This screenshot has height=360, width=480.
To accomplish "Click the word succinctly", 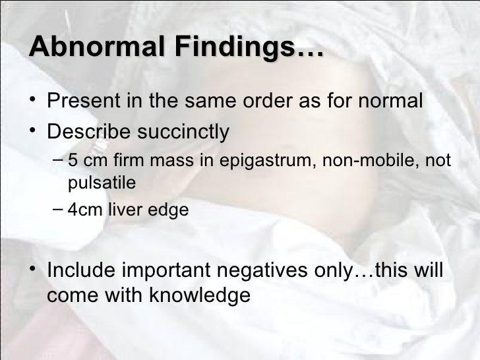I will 185,131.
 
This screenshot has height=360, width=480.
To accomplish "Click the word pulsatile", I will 102,183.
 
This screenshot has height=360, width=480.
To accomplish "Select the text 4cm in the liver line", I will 83,210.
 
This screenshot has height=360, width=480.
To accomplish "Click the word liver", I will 125,210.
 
